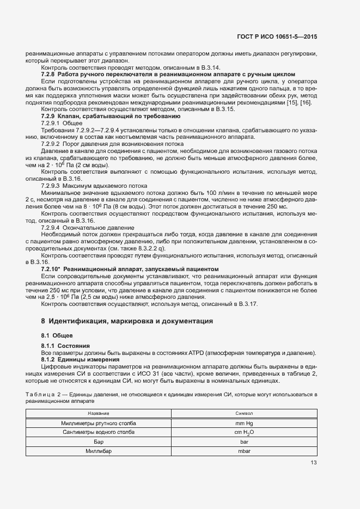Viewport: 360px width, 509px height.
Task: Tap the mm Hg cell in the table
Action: (240, 423)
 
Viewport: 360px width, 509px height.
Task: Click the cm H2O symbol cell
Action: (240, 432)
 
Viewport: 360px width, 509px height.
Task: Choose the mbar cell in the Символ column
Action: (240, 452)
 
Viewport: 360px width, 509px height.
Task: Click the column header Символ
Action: (240, 414)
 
